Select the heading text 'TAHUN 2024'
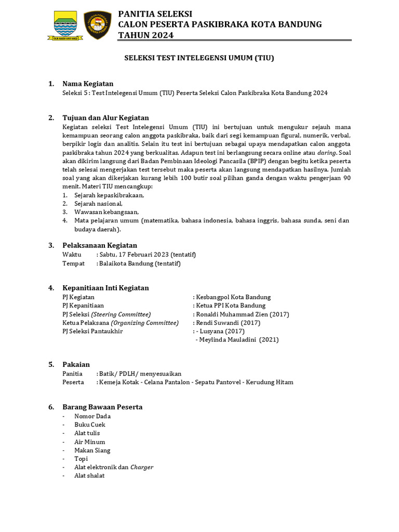coord(146,35)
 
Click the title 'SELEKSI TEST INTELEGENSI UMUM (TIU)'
coord(199,59)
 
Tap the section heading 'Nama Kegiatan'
coord(88,84)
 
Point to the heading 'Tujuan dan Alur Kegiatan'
coord(105,117)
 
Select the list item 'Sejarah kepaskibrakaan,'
coord(109,195)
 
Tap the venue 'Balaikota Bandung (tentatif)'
coord(140,263)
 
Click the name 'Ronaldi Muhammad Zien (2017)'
coord(242,314)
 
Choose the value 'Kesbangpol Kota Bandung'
coord(233,297)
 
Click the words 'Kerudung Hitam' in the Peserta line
coord(271,382)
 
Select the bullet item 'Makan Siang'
coord(92,450)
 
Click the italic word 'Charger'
coord(142,467)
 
